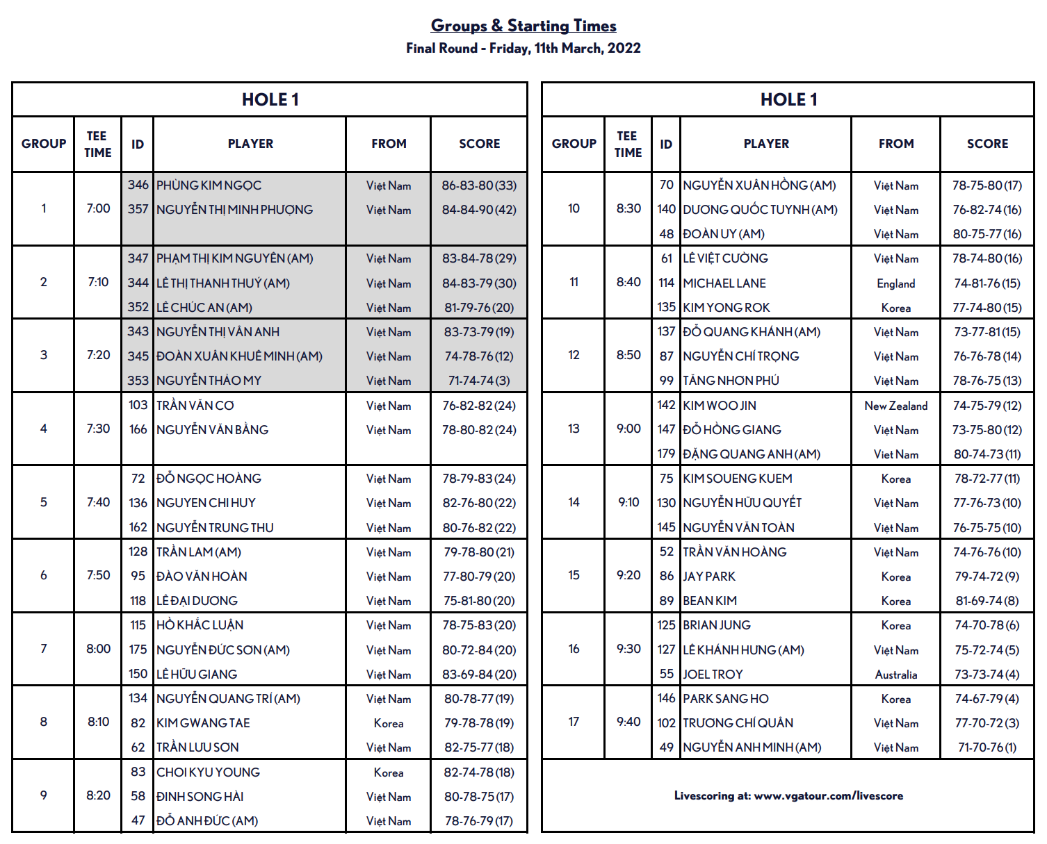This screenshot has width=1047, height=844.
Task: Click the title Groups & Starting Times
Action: pyautogui.click(x=523, y=26)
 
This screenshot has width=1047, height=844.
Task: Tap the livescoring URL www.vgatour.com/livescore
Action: pyautogui.click(x=828, y=795)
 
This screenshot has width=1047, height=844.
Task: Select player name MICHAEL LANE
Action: pyautogui.click(x=724, y=283)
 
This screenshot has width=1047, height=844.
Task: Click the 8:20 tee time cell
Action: pyautogui.click(x=98, y=795)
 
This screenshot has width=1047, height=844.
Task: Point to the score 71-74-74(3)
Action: pyautogui.click(x=479, y=381)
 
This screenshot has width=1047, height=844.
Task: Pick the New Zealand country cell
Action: pyautogui.click(x=895, y=406)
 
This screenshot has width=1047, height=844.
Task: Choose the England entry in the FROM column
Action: pyautogui.click(x=895, y=283)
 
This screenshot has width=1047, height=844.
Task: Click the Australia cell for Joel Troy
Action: pyautogui.click(x=895, y=675)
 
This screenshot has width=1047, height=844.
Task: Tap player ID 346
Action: pyautogui.click(x=138, y=185)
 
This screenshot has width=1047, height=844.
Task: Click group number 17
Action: pyautogui.click(x=574, y=722)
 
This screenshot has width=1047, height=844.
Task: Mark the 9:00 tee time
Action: pyautogui.click(x=628, y=429)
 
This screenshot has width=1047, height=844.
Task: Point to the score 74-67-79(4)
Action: pyautogui.click(x=987, y=699)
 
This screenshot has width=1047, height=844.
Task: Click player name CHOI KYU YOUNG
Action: pyautogui.click(x=208, y=772)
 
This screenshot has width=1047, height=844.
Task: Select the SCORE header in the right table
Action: pyautogui.click(x=987, y=144)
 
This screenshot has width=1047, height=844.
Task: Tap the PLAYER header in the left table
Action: pyautogui.click(x=250, y=144)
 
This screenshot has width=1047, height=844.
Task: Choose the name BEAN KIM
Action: pyautogui.click(x=710, y=601)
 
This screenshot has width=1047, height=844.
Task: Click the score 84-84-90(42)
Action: pyautogui.click(x=479, y=210)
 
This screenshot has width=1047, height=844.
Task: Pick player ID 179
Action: pyautogui.click(x=666, y=454)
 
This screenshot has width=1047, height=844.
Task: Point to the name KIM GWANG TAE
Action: pyautogui.click(x=203, y=723)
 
